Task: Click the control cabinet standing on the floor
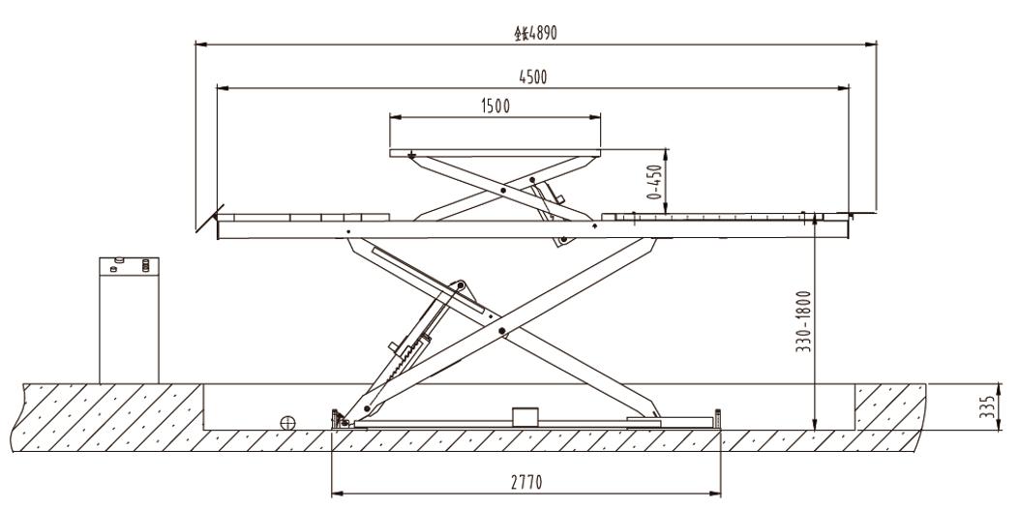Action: [x=130, y=318]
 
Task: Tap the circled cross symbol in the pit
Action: [x=286, y=422]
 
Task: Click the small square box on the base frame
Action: [x=524, y=415]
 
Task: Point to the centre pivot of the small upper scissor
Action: [x=502, y=191]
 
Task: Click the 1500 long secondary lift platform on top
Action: [x=496, y=153]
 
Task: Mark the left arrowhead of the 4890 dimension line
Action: [x=198, y=43]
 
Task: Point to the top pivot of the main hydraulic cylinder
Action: [x=462, y=284]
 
